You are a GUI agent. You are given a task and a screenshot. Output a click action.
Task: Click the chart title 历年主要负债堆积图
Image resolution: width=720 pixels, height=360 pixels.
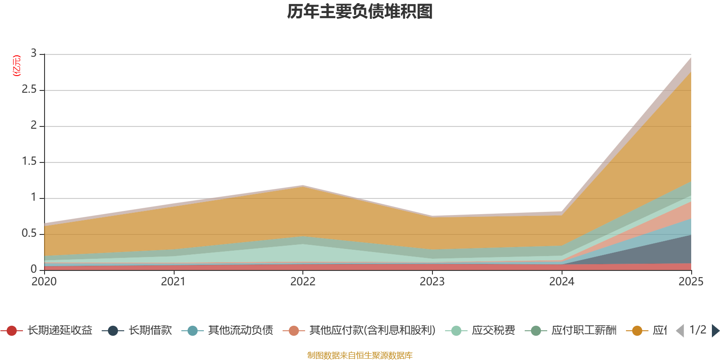click(360, 12)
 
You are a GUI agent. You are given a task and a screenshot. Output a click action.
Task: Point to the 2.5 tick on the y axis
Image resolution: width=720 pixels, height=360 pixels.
click(29, 90)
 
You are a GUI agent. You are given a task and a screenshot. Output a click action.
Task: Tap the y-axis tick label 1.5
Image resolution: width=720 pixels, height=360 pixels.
click(29, 162)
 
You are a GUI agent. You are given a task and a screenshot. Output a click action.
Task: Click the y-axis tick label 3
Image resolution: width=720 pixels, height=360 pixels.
click(33, 54)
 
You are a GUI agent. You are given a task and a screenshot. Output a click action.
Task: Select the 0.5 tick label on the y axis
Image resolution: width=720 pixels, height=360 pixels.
click(29, 234)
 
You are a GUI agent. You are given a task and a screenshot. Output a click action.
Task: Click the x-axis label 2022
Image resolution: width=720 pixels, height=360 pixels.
click(303, 282)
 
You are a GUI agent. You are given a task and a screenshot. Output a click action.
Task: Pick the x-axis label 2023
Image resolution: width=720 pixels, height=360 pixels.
click(432, 282)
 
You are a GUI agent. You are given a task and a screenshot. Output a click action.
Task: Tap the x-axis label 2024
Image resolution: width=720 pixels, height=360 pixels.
click(562, 282)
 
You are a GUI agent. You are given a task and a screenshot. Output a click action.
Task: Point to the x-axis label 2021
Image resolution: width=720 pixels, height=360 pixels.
click(173, 282)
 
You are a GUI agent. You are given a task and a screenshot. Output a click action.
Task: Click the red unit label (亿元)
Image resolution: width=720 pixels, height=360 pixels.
click(17, 66)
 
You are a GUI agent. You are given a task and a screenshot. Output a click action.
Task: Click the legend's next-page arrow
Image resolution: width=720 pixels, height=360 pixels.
click(715, 331)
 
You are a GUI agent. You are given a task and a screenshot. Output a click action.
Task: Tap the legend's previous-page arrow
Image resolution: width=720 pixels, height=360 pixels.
click(680, 331)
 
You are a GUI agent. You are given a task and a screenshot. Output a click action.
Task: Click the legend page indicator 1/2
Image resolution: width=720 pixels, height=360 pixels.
click(697, 330)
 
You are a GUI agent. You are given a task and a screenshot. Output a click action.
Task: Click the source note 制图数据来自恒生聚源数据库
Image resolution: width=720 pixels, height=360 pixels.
click(360, 355)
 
